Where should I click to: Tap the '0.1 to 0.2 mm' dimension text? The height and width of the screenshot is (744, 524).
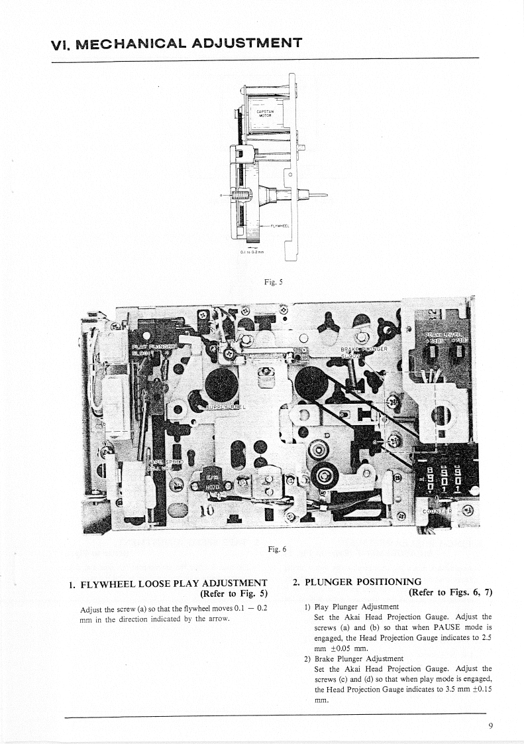[x=252, y=251]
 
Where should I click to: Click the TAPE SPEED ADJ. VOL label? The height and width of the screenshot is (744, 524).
[x=162, y=462]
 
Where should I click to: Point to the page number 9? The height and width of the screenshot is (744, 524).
[x=490, y=725]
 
